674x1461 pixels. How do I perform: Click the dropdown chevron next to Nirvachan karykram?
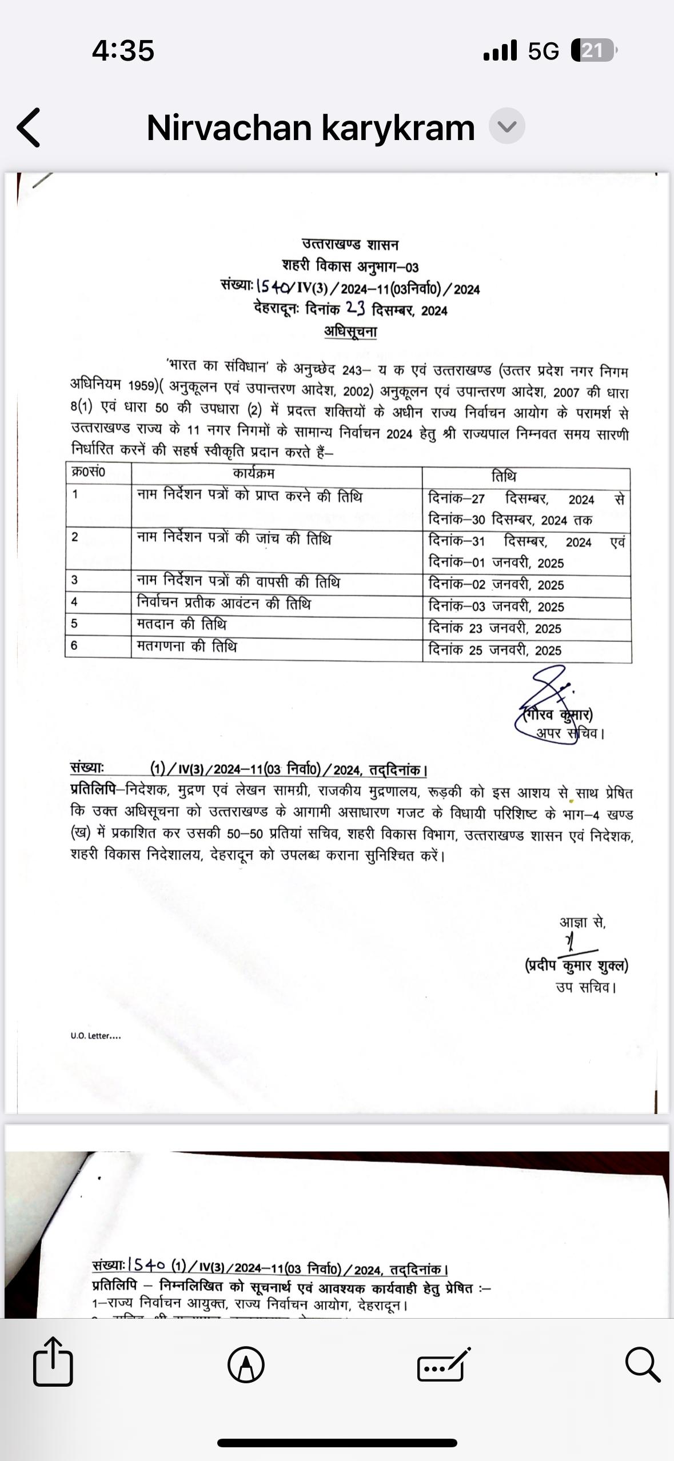coord(507,126)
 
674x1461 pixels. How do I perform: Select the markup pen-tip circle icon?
coord(246,1364)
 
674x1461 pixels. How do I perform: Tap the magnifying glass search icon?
coord(642,1364)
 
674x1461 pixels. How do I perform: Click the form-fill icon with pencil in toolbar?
coord(444,1364)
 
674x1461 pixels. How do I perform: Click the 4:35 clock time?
coord(123,50)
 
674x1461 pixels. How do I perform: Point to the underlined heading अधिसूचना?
coord(350,331)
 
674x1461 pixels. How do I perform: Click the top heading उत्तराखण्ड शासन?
coord(350,245)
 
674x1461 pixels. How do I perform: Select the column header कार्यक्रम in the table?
coord(254,473)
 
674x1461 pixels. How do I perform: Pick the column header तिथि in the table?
coord(504,476)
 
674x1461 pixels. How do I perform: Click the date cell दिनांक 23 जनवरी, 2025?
coord(495,628)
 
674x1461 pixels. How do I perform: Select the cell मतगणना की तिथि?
coord(187,646)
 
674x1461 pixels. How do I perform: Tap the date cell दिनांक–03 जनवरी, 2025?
coord(496,606)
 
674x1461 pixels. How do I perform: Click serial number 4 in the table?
coord(74,602)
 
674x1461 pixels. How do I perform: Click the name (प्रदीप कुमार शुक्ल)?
coord(576,965)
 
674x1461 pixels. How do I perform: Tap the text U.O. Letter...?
coord(95,1036)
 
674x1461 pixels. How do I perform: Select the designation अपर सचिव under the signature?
coord(569,733)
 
